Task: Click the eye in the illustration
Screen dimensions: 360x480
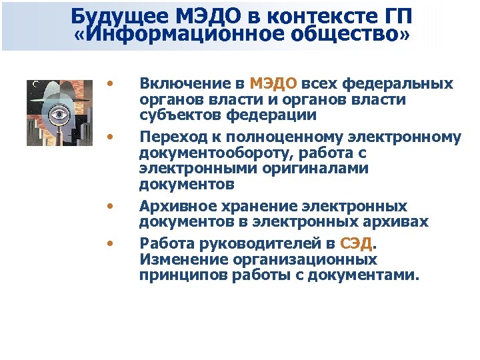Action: [x=59, y=115]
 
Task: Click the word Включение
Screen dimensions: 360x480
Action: [x=191, y=84]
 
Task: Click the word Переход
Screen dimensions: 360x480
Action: [x=169, y=137]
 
